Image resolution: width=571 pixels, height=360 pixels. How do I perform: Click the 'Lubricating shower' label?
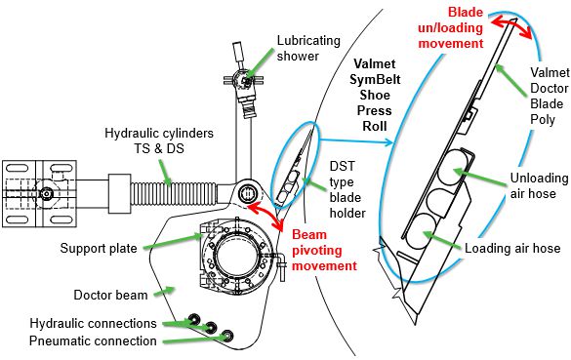click(x=308, y=48)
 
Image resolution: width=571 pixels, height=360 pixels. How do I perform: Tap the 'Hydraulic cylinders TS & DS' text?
click(x=159, y=140)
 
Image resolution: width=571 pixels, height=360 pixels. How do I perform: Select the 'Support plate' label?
click(x=99, y=248)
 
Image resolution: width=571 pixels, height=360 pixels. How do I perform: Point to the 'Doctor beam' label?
click(x=110, y=295)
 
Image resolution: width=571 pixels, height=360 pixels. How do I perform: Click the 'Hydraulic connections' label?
click(x=94, y=323)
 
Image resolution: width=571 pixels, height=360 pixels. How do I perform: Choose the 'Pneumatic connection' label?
click(x=93, y=341)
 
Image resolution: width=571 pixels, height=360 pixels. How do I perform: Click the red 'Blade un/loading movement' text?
click(x=451, y=27)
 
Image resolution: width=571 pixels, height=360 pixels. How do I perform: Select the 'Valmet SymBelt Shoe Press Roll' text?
click(x=375, y=95)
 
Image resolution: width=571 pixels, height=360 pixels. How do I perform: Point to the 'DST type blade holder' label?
click(x=347, y=189)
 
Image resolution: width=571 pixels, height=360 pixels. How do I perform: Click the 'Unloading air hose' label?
click(x=539, y=185)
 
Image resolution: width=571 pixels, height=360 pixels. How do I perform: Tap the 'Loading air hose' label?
click(x=512, y=248)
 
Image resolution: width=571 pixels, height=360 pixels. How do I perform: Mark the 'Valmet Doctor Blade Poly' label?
click(x=550, y=96)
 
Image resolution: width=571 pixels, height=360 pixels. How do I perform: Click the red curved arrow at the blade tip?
click(x=511, y=24)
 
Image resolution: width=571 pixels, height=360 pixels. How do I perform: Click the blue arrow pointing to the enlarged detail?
click(x=356, y=140)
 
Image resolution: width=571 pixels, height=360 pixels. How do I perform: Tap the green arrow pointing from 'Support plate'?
click(x=173, y=242)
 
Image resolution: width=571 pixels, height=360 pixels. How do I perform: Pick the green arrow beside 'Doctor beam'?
click(x=165, y=291)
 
